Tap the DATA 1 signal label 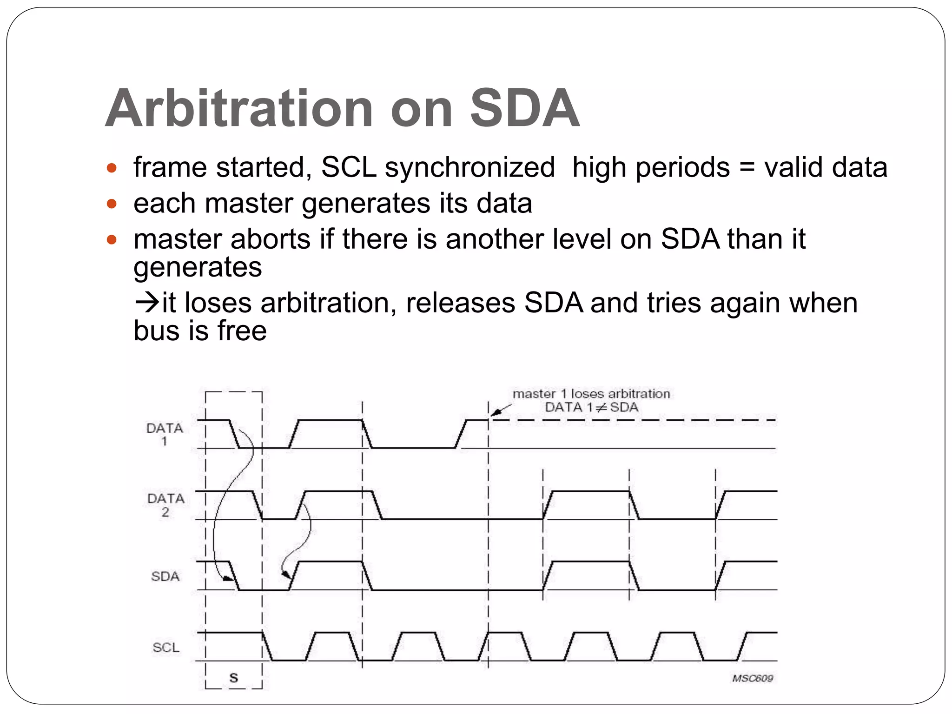tap(165, 434)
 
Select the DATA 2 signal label tap(165, 505)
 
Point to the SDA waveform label tap(165, 576)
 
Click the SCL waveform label tap(165, 648)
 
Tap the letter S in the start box tap(234, 678)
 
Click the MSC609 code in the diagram tap(752, 678)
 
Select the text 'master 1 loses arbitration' tap(591, 394)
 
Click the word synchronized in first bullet tap(470, 167)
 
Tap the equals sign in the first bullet tap(747, 168)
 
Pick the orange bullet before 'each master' tap(112, 204)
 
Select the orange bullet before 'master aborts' tap(112, 240)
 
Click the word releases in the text tap(460, 303)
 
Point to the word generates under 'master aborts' tap(198, 267)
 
